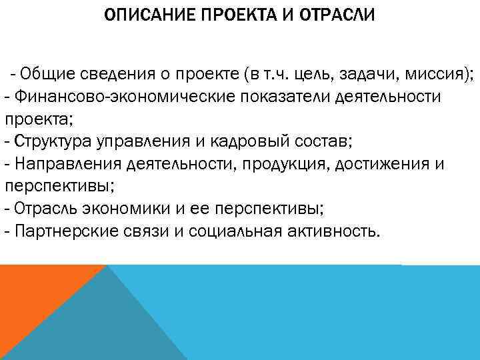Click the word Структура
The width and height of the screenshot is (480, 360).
53,142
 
